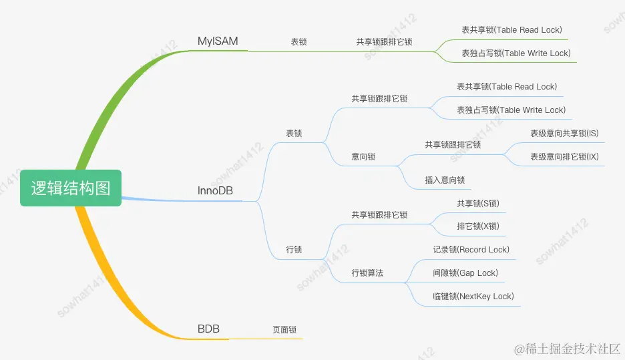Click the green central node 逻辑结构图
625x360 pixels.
[71, 188]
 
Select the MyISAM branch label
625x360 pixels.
[218, 41]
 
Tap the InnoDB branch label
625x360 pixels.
[215, 191]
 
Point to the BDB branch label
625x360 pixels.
[208, 329]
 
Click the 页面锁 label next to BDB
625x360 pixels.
[284, 330]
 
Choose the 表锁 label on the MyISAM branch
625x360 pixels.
[298, 42]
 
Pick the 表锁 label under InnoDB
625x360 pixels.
[294, 134]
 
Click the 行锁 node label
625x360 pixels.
[294, 250]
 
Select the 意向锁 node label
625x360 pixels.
[363, 157]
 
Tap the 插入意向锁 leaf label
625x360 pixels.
[445, 180]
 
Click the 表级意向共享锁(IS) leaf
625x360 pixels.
[564, 134]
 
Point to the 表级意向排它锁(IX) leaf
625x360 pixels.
[564, 157]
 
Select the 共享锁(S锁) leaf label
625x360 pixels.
[478, 203]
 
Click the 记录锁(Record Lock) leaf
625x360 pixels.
[471, 250]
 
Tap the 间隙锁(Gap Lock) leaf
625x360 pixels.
[465, 273]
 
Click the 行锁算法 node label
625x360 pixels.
[368, 273]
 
